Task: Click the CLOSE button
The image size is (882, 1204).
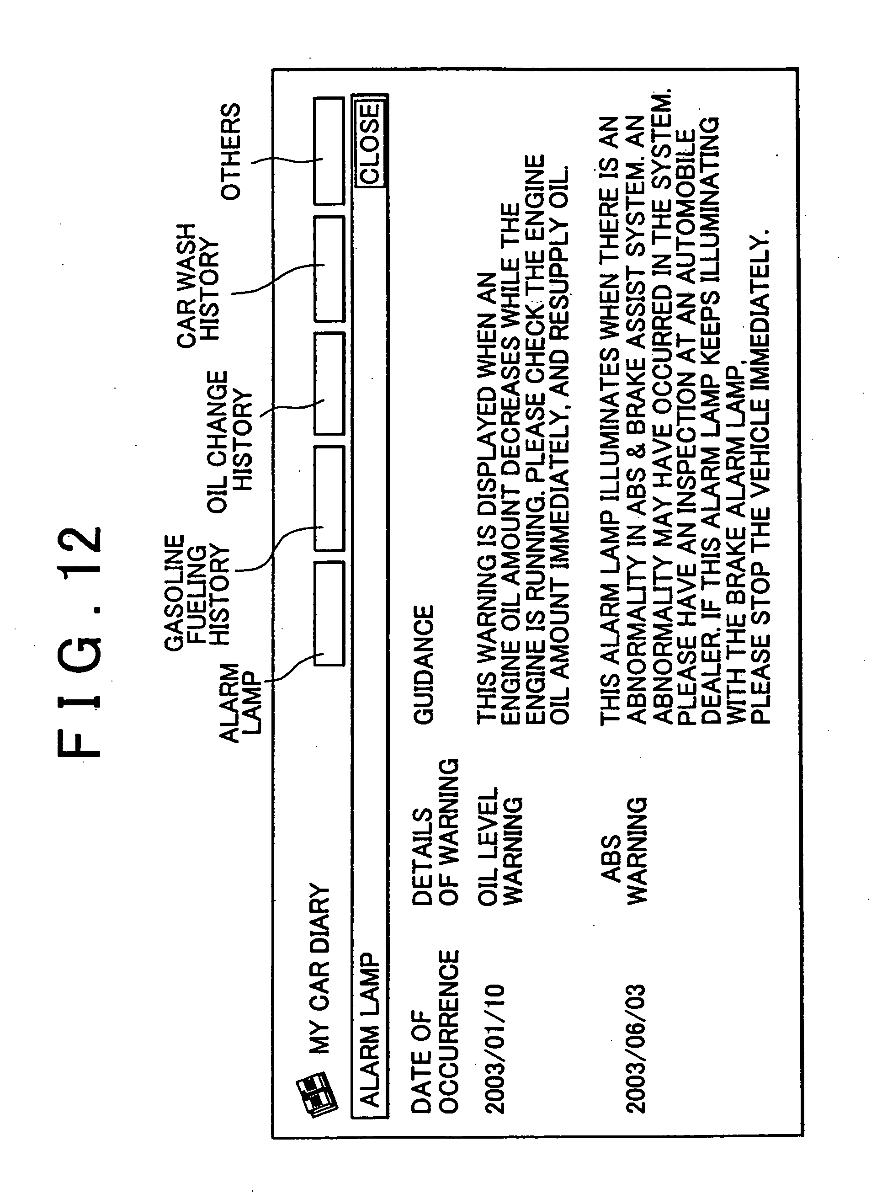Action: (x=369, y=143)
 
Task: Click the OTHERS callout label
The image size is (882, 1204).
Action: (x=231, y=152)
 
